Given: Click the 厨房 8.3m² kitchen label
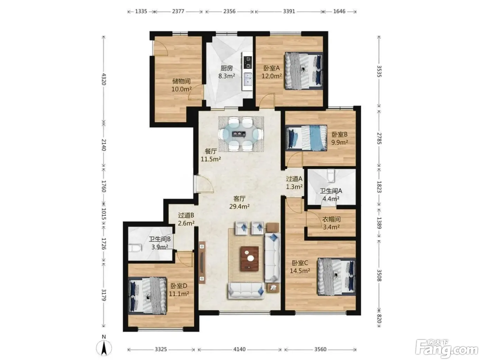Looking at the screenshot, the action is (x=226, y=72).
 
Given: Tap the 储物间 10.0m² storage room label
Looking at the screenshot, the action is (x=181, y=85).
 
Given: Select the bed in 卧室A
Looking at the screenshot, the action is (x=304, y=71).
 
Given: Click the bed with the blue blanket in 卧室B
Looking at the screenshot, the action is (x=306, y=138).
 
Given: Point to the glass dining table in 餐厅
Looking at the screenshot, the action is (x=241, y=134).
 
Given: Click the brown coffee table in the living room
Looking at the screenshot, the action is (x=249, y=259).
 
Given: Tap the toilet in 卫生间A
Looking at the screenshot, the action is (x=331, y=175).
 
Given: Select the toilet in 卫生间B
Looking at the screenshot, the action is (x=135, y=248).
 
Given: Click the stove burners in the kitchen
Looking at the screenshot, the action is (x=248, y=62).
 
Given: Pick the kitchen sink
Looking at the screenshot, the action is (x=248, y=79).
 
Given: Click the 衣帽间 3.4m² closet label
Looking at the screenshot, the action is (x=331, y=223).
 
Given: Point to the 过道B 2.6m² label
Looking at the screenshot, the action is (x=186, y=219).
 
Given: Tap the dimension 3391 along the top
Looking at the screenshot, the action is (x=289, y=11).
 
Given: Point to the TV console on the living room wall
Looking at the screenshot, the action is (x=202, y=262).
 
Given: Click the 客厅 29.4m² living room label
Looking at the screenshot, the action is (x=239, y=203).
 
